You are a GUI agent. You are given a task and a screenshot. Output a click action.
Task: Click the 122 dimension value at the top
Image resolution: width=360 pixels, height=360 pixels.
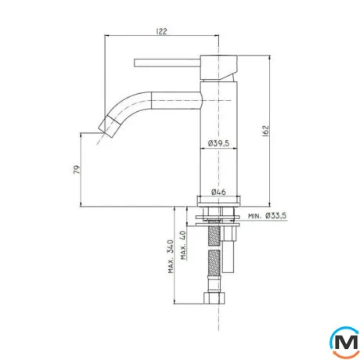coord(161,31)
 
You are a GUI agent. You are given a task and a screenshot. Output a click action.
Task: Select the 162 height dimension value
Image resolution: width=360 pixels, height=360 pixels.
coord(265,131)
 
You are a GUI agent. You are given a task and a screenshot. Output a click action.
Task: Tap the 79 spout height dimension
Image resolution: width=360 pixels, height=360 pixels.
coord(77,170)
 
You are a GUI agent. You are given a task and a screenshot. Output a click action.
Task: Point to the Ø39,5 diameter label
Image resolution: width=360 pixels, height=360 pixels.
coord(218,143)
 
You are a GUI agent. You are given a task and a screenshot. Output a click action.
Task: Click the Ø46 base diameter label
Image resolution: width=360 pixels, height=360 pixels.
coord(218,192)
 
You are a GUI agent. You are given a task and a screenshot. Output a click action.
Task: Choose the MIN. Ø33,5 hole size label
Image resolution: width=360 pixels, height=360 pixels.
coord(267,216)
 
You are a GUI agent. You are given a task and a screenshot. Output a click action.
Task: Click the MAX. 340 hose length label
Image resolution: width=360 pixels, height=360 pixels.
coord(171,257)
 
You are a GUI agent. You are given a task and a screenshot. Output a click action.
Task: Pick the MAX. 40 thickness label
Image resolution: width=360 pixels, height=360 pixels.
coord(183,245)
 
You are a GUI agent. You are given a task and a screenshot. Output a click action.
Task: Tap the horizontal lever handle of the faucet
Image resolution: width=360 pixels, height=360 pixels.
coord(167,63)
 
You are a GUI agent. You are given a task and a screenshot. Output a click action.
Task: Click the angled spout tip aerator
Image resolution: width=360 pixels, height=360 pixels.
coord(107,127)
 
